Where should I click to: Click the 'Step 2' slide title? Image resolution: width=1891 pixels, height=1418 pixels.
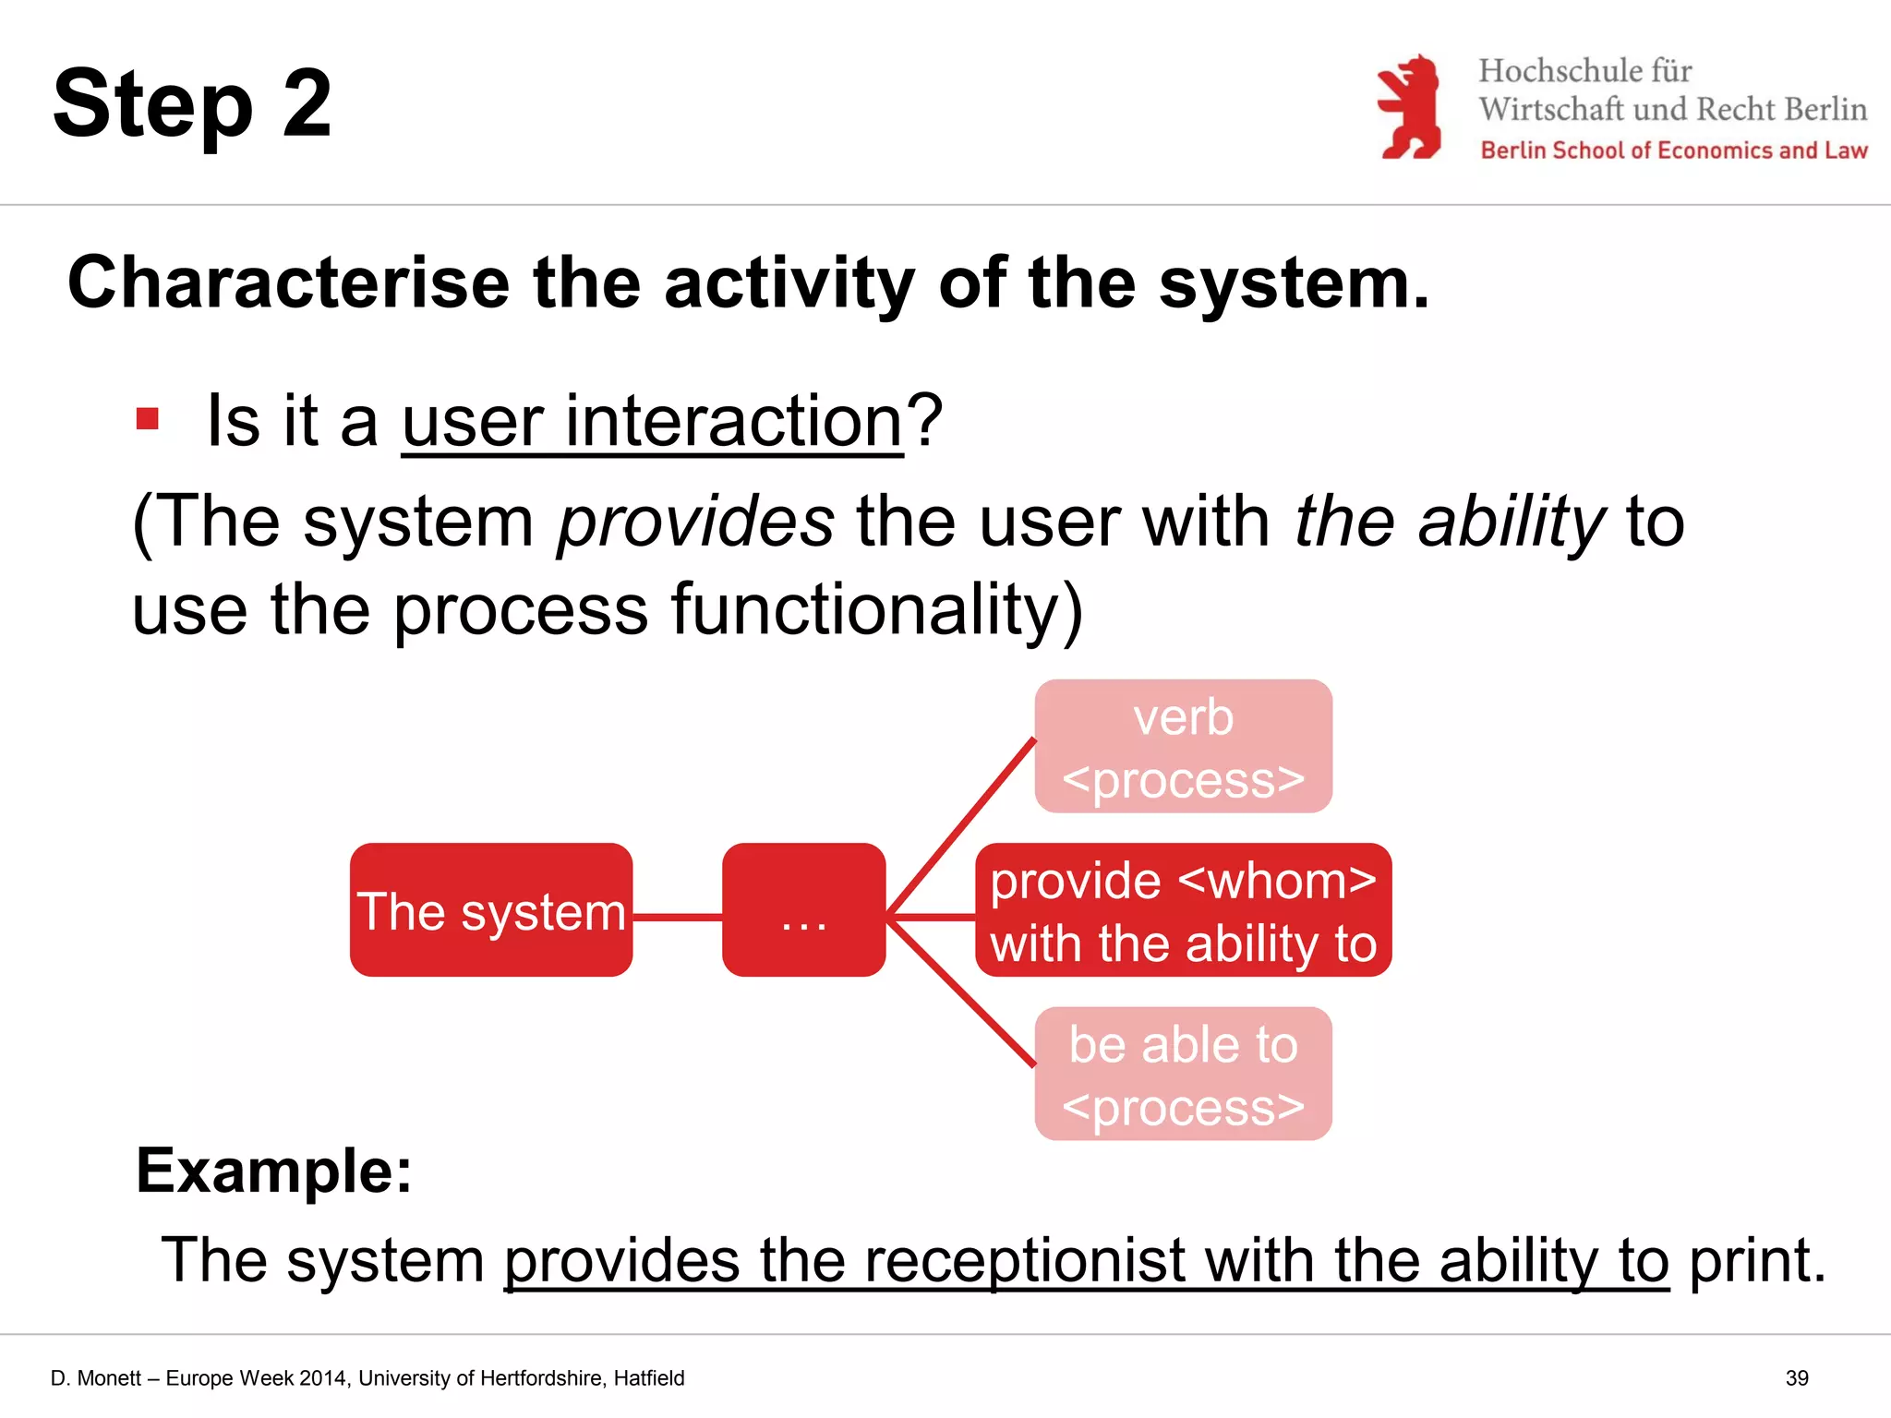192,103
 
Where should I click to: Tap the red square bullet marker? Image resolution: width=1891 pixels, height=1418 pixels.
148,419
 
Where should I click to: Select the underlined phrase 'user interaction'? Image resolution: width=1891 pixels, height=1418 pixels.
652,421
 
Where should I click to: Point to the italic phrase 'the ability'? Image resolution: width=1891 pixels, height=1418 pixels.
1450,522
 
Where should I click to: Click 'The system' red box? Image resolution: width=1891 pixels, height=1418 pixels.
491,910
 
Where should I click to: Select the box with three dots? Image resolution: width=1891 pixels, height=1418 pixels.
803,910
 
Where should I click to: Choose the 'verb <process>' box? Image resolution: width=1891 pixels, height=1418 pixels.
1183,747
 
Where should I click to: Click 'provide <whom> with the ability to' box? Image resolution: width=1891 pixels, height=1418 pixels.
1183,910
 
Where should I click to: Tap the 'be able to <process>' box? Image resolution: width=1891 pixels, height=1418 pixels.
1183,1074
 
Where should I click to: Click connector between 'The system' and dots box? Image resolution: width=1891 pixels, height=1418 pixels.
677,917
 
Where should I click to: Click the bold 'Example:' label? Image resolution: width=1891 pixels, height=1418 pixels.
274,1171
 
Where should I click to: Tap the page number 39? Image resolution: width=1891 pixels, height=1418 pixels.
1797,1378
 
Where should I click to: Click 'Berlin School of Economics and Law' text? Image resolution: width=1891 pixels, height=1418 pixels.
1673,150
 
